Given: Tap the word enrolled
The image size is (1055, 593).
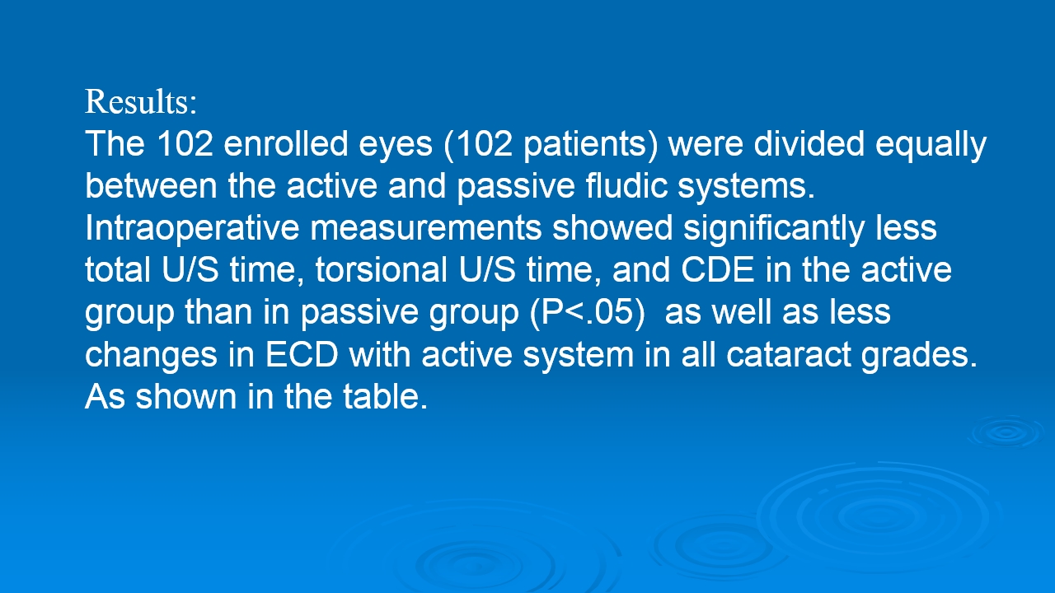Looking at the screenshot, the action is coord(285,143).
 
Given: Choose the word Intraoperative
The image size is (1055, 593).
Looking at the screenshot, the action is coord(192,229).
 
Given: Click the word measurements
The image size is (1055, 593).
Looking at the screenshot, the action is coord(425,229).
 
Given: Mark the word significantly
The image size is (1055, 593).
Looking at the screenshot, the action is coord(774,229).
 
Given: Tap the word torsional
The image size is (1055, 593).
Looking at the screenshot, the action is coord(382,269).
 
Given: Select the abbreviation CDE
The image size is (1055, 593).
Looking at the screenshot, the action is coord(718,269).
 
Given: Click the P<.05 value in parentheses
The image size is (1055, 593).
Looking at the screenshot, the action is coord(588,312).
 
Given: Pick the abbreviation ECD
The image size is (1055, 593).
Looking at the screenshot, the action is coord(302,354).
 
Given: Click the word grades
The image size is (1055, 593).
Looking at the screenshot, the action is coord(919,356).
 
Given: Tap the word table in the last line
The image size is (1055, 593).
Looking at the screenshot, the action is coord(385,396).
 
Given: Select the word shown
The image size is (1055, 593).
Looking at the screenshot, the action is coord(186,396).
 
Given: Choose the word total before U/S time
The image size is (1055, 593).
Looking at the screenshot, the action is coord(117,269).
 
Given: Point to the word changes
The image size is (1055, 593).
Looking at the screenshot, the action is coord(151,356).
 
